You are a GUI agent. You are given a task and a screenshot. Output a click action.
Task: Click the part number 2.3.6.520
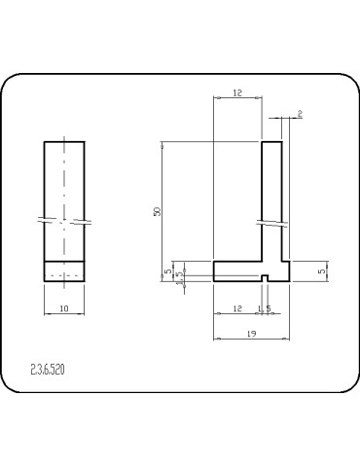[49, 370]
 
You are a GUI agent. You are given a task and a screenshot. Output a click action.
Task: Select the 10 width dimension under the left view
[64, 308]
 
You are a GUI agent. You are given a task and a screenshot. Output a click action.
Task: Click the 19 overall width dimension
[251, 334]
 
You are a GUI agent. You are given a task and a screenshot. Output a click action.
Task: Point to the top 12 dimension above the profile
[237, 93]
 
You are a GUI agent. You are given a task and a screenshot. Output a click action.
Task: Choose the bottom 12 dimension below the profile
[237, 308]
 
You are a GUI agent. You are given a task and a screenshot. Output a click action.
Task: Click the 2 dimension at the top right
[300, 116]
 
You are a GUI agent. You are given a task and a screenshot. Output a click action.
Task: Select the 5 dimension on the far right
[322, 271]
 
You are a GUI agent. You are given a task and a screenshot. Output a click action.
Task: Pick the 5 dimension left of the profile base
[167, 271]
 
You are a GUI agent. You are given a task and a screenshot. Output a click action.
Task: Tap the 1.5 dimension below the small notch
[264, 308]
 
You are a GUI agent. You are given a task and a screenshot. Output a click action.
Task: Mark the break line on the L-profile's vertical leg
[271, 224]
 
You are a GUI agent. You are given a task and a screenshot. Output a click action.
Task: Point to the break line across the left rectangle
[64, 219]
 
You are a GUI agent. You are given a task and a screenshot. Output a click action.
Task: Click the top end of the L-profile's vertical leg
[271, 143]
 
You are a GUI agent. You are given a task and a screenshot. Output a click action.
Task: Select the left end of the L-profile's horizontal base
[215, 271]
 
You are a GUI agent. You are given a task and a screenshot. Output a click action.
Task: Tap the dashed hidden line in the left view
[64, 275]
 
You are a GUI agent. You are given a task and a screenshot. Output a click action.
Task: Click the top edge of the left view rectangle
[64, 142]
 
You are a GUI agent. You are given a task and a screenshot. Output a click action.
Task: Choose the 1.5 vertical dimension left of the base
[179, 276]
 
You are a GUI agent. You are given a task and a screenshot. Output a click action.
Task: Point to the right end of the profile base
[289, 271]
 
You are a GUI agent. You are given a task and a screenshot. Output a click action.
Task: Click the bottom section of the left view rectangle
[64, 270]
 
